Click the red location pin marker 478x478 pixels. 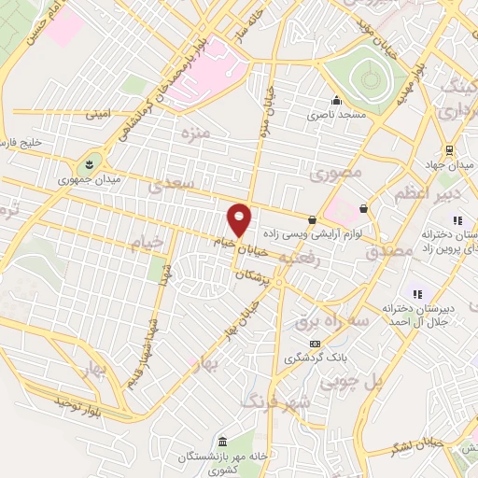pos(240,219)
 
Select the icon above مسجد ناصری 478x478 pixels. pos(336,102)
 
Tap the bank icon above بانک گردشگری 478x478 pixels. pos(315,344)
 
